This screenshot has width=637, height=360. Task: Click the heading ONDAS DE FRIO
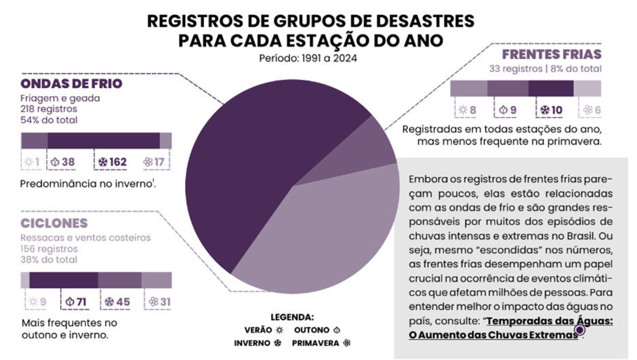pyautogui.click(x=71, y=83)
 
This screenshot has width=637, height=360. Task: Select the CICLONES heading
pyautogui.click(x=54, y=223)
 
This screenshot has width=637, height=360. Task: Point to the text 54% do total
pyautogui.click(x=49, y=120)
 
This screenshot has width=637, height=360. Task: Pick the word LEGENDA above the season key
pyautogui.click(x=292, y=317)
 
